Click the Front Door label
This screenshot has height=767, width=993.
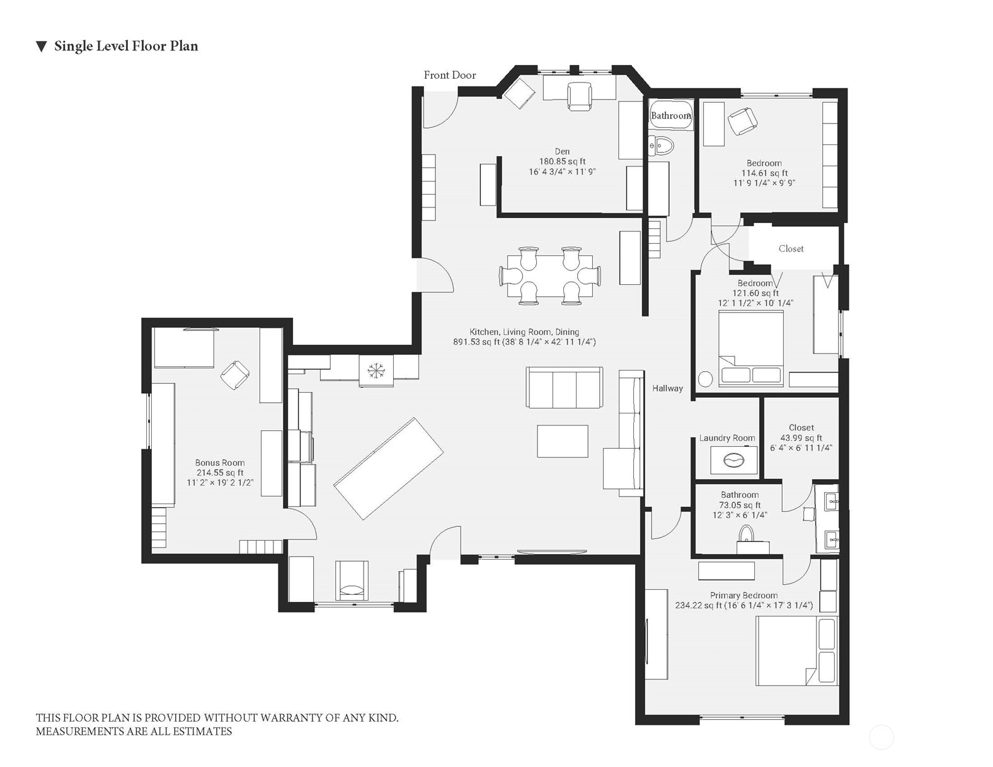click(450, 75)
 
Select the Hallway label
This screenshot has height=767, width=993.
click(667, 388)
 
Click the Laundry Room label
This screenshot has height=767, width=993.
click(726, 438)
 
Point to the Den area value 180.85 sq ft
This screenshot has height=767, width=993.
click(562, 161)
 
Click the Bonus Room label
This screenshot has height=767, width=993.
click(220, 463)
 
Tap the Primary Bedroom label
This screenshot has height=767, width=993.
click(743, 595)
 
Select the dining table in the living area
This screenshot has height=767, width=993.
click(550, 275)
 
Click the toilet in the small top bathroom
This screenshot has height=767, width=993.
click(661, 146)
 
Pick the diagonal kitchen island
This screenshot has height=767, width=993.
click(388, 468)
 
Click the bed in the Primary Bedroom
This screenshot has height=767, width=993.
click(796, 650)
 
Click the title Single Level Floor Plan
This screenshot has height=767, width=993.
click(126, 46)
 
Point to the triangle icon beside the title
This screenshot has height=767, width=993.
click(41, 47)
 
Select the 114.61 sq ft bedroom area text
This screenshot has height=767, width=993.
click(764, 173)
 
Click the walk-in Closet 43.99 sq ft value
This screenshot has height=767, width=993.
click(801, 437)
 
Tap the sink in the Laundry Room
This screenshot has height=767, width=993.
click(733, 460)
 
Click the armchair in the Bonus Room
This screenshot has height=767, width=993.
click(235, 375)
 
